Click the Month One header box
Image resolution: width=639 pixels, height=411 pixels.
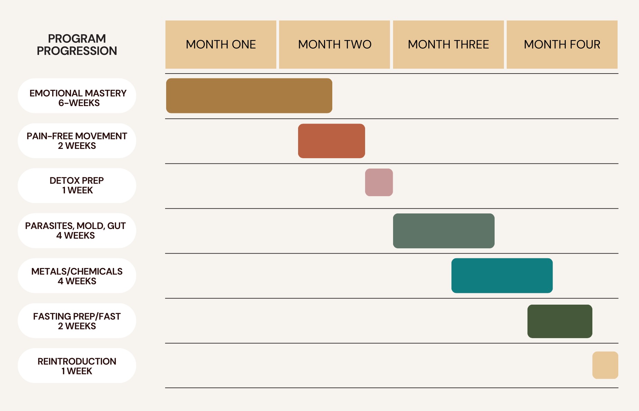(221, 45)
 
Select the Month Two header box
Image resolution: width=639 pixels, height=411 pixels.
(334, 45)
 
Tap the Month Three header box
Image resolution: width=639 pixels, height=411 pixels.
(448, 45)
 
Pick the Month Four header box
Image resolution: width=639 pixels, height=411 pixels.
(562, 45)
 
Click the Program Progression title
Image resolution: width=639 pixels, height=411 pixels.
(77, 45)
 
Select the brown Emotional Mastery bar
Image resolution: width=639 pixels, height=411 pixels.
(249, 96)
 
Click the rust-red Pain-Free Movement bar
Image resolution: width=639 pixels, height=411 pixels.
(332, 141)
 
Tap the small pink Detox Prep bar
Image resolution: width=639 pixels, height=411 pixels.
(379, 182)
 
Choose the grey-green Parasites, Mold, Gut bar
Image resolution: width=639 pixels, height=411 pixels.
(444, 231)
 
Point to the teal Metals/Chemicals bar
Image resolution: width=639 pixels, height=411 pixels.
(502, 276)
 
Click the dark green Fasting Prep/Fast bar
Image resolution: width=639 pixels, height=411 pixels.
(560, 321)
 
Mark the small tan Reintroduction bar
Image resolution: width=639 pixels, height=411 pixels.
(605, 365)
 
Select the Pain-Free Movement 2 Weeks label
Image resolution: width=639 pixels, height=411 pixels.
(77, 141)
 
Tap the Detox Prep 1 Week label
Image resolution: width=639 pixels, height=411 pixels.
(77, 185)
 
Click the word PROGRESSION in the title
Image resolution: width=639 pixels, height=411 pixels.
(77, 51)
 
